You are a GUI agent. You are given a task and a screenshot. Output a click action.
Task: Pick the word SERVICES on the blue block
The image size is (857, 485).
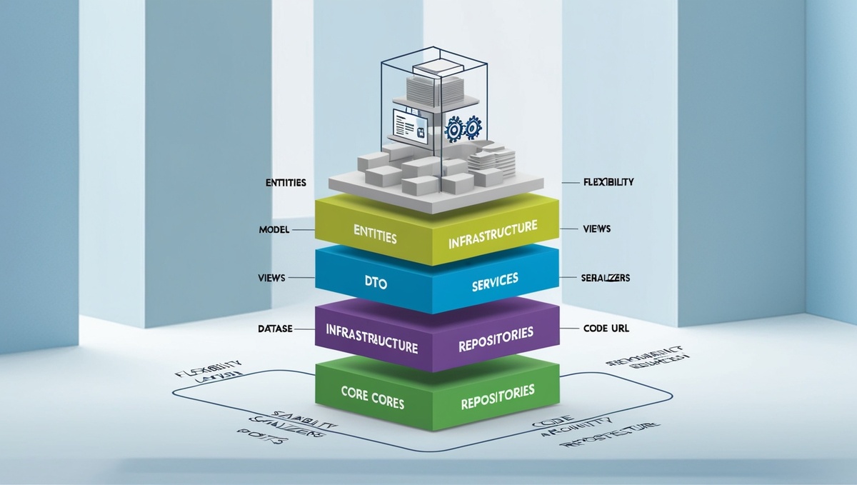pos(494,282)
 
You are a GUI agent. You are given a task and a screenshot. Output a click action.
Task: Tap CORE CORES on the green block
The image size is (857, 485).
pos(372,403)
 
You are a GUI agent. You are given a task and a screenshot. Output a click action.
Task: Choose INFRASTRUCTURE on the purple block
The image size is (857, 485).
pos(371,339)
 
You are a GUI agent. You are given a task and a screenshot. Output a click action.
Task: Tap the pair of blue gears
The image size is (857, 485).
pos(463,129)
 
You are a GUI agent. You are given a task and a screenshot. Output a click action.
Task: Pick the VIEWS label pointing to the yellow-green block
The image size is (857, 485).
pos(596,230)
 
